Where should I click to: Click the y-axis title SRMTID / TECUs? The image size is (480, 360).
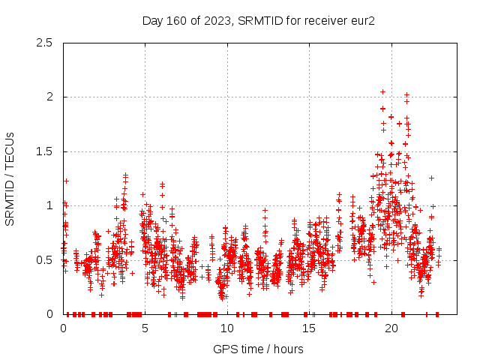point(10,178)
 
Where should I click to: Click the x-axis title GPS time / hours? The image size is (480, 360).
point(258,349)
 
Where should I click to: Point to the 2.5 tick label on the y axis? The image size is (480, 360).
point(45,43)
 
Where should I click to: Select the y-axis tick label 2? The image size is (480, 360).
point(50,97)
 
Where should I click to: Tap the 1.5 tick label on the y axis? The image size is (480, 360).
point(45,151)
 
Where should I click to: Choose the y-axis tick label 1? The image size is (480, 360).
point(50,205)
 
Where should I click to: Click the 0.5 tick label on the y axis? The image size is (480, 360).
point(45,259)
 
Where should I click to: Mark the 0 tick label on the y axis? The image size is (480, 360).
point(50,314)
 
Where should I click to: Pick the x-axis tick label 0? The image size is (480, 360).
point(63,328)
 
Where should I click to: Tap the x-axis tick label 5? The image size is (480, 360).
point(145,328)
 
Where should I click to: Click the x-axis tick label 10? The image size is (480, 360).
point(227,328)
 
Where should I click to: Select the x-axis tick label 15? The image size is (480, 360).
point(309,328)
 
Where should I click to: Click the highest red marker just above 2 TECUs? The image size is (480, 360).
point(382,91)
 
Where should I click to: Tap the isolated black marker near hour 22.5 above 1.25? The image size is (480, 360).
point(431,178)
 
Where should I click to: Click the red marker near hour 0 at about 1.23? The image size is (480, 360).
point(66,181)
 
